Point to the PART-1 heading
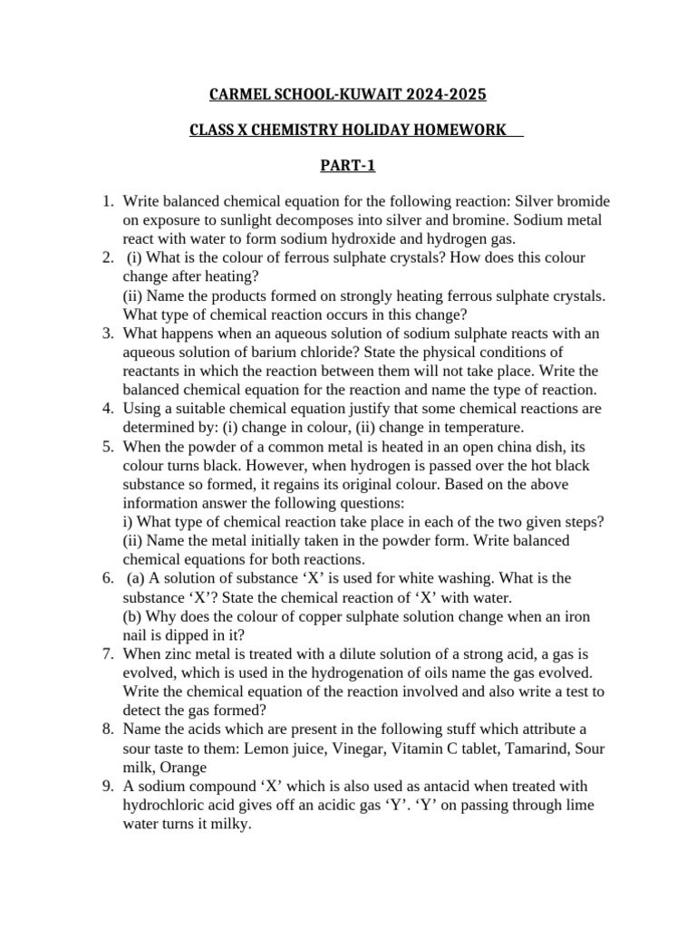pyautogui.click(x=347, y=166)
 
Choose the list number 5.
pyautogui.click(x=105, y=446)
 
